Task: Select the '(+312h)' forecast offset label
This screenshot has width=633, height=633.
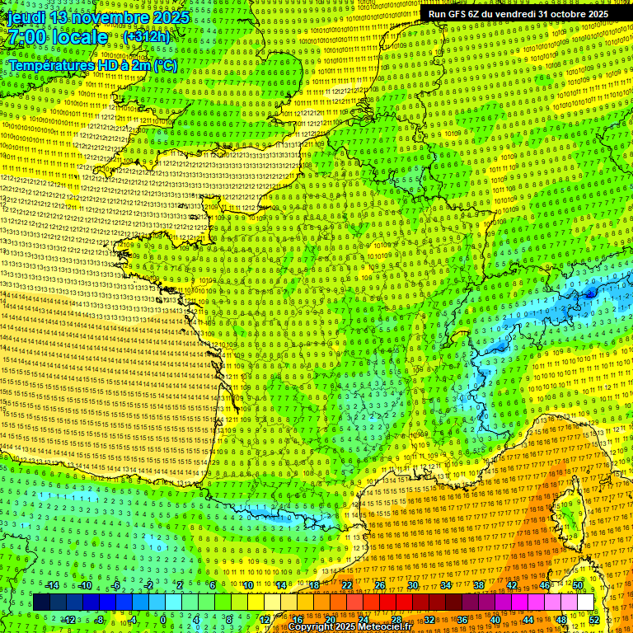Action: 146,37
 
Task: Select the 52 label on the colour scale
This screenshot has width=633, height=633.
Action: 594,619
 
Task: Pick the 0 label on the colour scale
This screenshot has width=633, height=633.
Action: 164,619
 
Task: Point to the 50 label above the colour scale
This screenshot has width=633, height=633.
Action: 578,585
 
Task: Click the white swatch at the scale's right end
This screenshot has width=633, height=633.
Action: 585,603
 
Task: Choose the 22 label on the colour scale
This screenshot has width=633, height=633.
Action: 347,585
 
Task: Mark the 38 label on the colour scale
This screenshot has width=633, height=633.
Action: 479,585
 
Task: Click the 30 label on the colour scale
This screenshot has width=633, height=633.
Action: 413,585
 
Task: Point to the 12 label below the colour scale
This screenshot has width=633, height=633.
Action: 265,619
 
